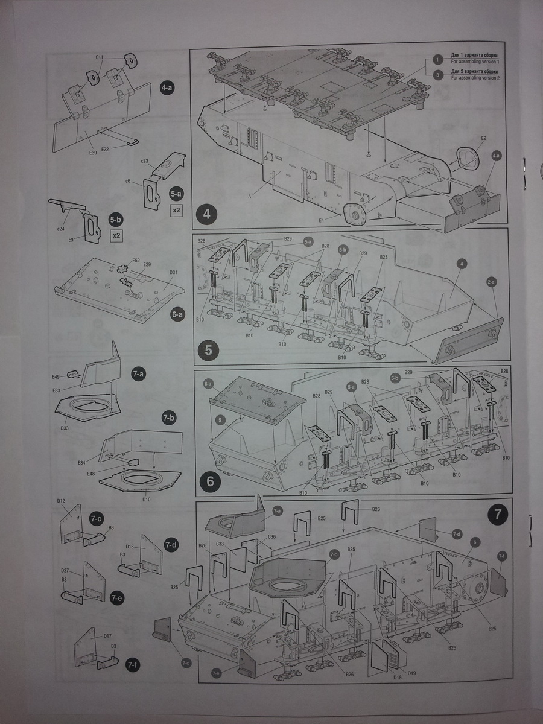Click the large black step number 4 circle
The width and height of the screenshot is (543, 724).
pos(208,214)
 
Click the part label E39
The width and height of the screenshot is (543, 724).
pos(92,153)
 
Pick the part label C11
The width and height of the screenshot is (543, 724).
pos(100,57)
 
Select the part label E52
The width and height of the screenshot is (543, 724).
pos(136,261)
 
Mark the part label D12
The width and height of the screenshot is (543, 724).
pos(61,500)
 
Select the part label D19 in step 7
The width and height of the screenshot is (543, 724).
pos(411,673)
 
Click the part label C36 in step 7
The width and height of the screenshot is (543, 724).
pos(272,536)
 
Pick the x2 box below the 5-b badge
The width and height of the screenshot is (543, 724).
pos(115,235)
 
